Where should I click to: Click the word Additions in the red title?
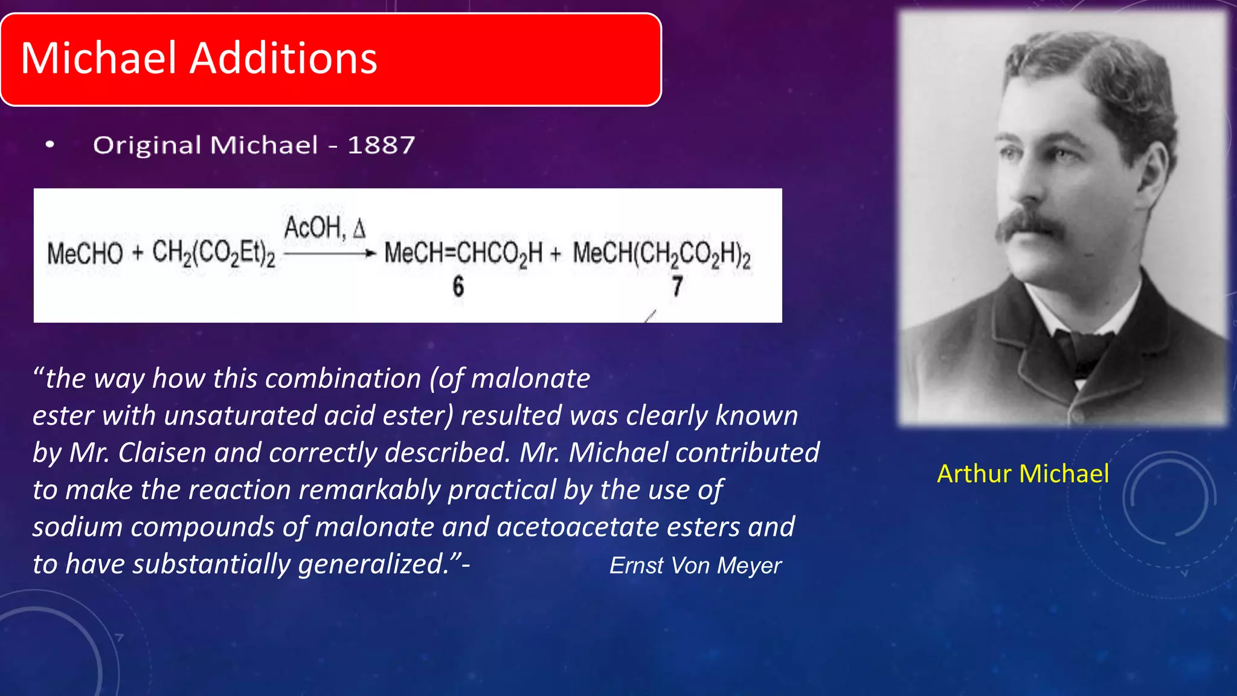coord(283,59)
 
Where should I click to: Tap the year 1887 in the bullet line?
coord(381,145)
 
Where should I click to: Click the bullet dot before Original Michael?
coord(50,144)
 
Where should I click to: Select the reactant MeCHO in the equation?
coord(85,253)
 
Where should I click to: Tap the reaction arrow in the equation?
coord(330,254)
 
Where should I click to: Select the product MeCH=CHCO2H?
coord(463,253)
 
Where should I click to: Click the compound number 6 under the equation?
coord(458,286)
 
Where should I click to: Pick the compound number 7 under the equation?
coord(678,286)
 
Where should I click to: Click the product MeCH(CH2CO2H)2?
coord(661,253)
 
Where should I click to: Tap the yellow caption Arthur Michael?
coord(1023,474)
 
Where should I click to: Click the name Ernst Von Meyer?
coord(695,565)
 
